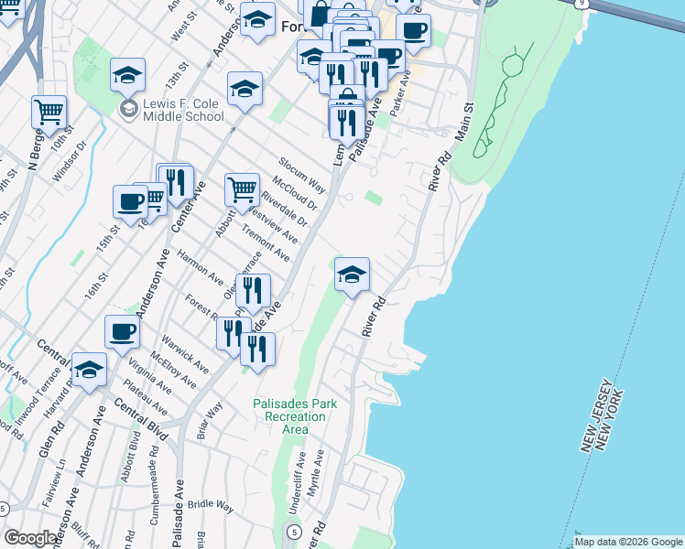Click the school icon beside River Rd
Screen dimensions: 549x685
click(352, 274)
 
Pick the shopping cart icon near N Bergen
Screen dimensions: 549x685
click(49, 113)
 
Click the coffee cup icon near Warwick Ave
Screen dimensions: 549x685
click(122, 332)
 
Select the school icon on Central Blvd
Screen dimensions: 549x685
click(90, 370)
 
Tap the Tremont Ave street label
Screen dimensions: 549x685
click(266, 245)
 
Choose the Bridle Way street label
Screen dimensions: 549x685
click(211, 504)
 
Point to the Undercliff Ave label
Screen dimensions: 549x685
click(300, 473)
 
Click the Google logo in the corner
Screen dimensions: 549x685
click(31, 538)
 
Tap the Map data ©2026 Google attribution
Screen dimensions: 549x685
click(627, 542)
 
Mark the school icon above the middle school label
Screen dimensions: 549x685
click(127, 76)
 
